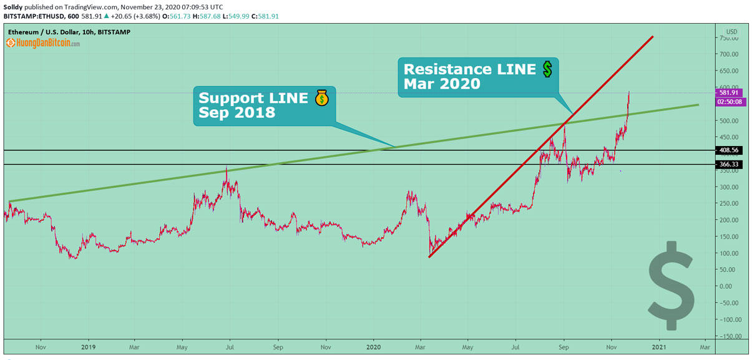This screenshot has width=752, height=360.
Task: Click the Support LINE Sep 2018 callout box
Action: point(264,105)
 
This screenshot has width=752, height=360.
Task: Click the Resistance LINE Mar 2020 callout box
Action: point(478,77)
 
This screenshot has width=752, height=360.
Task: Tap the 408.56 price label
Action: point(728,150)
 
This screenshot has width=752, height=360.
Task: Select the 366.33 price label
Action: point(728,165)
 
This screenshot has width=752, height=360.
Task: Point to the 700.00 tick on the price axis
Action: point(729,54)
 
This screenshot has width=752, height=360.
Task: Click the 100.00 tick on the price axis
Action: point(729,253)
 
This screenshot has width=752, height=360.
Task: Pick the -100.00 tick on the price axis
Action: point(728,319)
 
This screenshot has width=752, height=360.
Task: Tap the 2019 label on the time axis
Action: point(87,346)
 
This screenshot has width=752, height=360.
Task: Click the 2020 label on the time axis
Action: point(373,346)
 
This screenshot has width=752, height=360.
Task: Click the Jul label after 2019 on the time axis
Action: point(230,346)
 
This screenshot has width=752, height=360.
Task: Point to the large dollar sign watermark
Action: point(671,285)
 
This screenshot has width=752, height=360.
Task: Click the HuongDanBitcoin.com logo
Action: point(43,44)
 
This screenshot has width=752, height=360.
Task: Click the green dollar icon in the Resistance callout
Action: point(547,69)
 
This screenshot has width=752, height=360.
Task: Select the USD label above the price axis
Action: point(731,31)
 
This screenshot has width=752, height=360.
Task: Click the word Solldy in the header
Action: point(13,6)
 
